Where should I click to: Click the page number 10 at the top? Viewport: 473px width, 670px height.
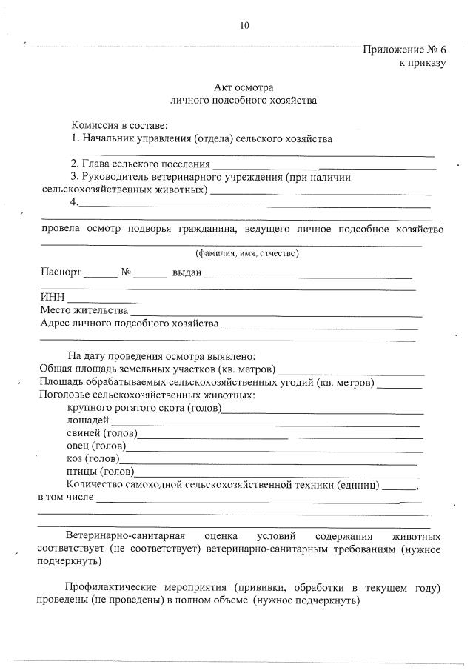click(244, 25)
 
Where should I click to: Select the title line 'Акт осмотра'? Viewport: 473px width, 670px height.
click(244, 87)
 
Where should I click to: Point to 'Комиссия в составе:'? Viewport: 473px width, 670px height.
click(119, 124)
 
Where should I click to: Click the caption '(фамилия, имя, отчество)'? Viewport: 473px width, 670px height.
click(246, 253)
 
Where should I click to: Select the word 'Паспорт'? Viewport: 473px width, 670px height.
click(61, 272)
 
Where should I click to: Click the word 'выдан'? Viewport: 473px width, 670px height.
click(187, 272)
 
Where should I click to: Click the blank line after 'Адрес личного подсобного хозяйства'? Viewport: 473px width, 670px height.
click(320, 325)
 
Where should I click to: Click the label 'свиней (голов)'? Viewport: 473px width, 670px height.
click(101, 433)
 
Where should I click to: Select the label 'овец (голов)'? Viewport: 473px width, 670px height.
click(96, 446)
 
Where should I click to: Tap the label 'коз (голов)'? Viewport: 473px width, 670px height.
click(93, 459)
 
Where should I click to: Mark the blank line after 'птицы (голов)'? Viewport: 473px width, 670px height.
click(277, 473)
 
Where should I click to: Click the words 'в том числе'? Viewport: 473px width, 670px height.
click(65, 497)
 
